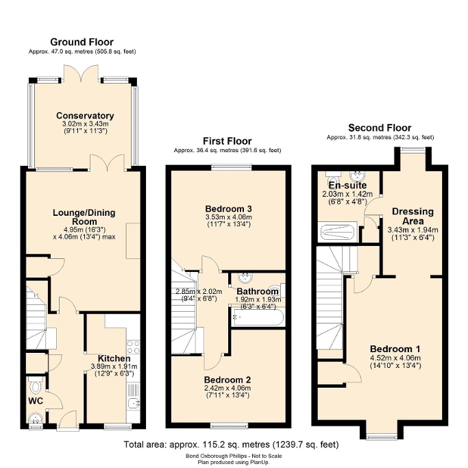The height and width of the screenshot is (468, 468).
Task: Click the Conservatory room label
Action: (x=85, y=116)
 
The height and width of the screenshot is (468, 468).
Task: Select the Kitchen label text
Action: (x=114, y=358)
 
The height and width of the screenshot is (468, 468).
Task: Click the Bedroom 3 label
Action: (x=228, y=209)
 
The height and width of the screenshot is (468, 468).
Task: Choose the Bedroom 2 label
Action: (x=228, y=378)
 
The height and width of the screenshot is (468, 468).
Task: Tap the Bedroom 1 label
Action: (x=386, y=348)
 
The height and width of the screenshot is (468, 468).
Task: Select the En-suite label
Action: (x=347, y=186)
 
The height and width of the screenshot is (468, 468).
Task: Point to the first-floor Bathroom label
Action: (x=259, y=291)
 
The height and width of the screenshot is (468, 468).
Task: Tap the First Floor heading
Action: (x=227, y=140)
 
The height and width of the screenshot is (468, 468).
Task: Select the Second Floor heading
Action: (x=380, y=128)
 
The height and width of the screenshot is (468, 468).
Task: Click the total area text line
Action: (x=231, y=445)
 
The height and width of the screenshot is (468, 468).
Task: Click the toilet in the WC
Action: (x=36, y=385)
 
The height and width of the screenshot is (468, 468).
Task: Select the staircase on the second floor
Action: (x=332, y=301)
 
